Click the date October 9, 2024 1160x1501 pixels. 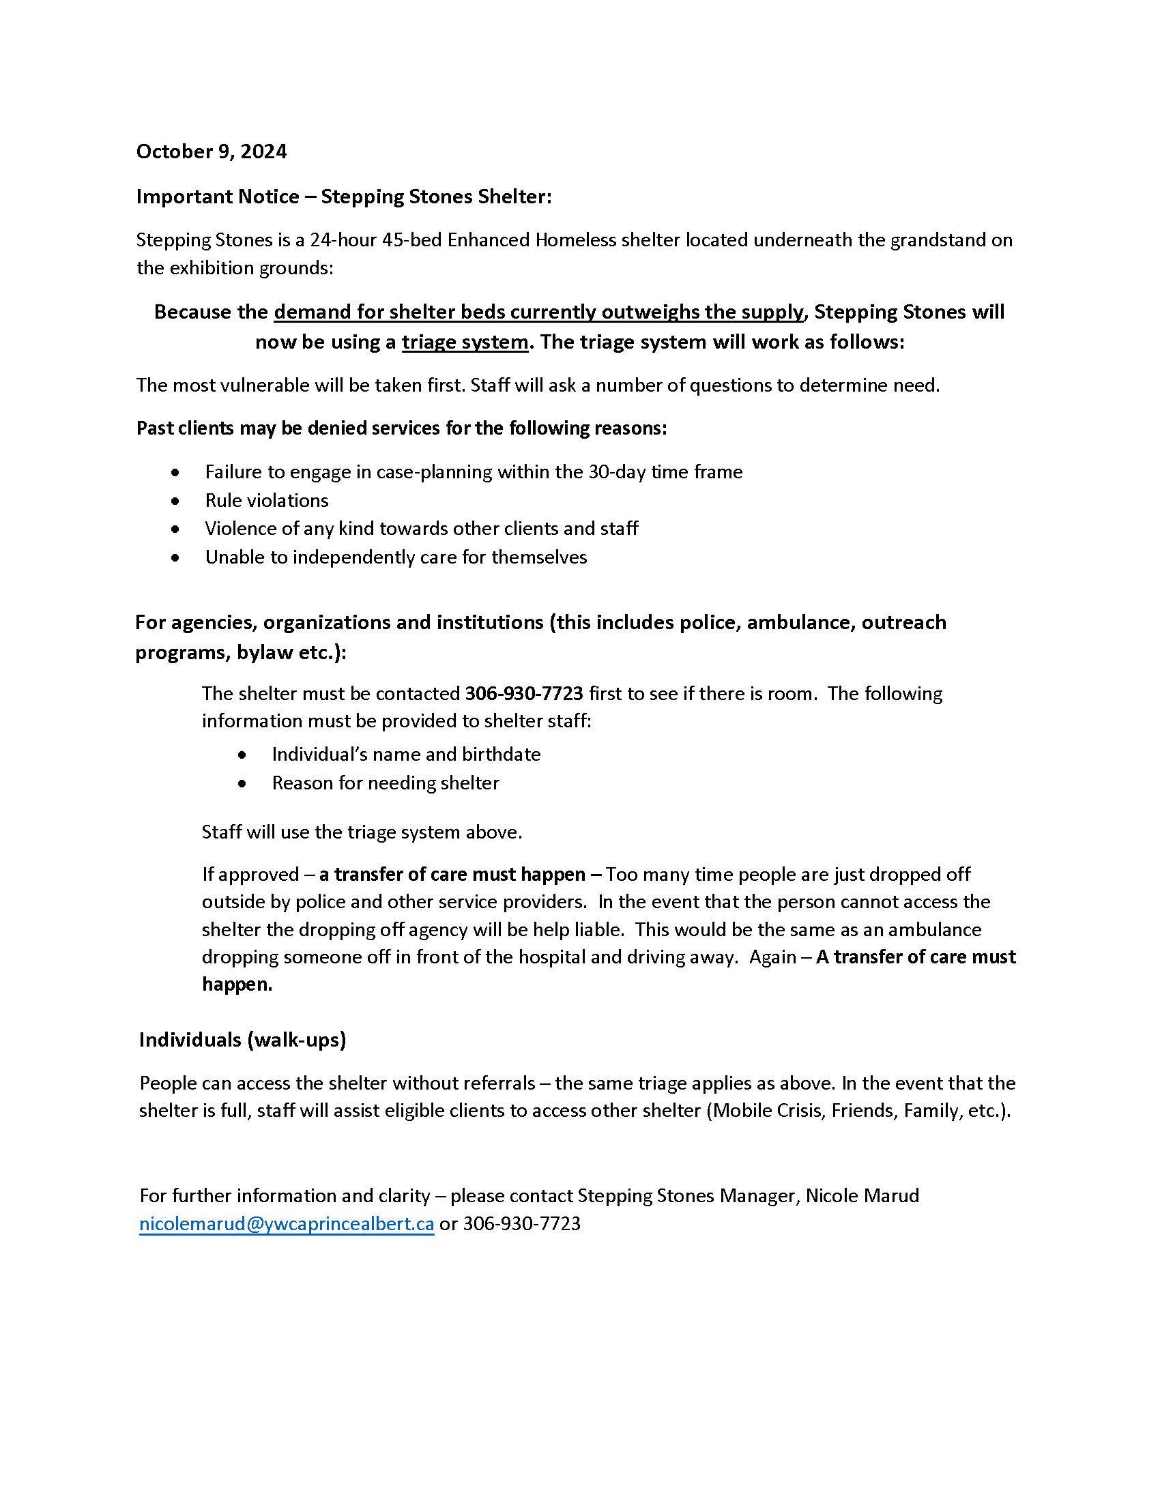[211, 151]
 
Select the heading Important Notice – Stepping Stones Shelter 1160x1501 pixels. [344, 196]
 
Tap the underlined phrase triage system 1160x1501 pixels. [465, 342]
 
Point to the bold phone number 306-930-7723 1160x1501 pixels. [523, 693]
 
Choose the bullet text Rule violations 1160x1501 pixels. [267, 499]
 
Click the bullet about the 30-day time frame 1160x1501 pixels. [474, 471]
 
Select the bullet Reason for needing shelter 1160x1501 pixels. [385, 783]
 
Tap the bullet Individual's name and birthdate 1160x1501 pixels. [405, 754]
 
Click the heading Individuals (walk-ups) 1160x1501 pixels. [243, 1040]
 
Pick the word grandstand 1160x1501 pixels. [940, 240]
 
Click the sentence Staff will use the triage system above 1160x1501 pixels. [362, 832]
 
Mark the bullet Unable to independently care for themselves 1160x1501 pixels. [396, 557]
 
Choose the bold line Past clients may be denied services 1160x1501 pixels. [401, 428]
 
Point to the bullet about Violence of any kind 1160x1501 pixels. [421, 528]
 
